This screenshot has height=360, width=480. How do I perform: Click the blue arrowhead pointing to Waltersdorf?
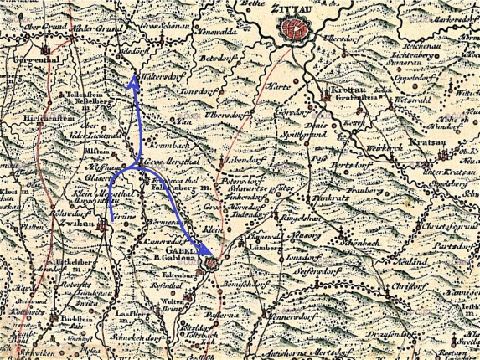[135, 81]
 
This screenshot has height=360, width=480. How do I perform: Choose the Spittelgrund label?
[326, 133]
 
